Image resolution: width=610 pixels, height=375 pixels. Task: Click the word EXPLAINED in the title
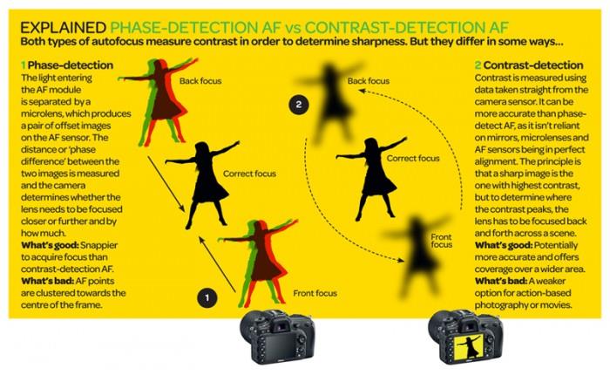tap(63, 28)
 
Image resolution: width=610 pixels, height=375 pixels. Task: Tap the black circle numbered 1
tap(207, 298)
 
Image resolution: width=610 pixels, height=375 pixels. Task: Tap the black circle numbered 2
tap(299, 105)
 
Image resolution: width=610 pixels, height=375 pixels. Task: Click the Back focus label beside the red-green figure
tap(200, 81)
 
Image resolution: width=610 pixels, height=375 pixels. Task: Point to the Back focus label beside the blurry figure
tap(369, 81)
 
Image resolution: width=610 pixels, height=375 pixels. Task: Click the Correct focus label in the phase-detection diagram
tap(250, 174)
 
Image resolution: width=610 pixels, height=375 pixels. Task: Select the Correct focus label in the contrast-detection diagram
tap(413, 159)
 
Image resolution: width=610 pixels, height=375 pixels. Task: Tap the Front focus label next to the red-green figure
tap(315, 293)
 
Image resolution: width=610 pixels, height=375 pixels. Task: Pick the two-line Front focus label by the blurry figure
tap(442, 241)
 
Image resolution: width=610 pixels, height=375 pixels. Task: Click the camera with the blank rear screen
tap(277, 337)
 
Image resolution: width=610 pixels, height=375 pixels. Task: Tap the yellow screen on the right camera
tap(469, 346)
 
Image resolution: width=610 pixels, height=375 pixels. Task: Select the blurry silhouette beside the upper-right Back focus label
tap(330, 102)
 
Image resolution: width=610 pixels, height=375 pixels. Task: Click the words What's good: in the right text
tap(504, 245)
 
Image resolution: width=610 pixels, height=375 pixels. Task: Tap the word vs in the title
tap(293, 28)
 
